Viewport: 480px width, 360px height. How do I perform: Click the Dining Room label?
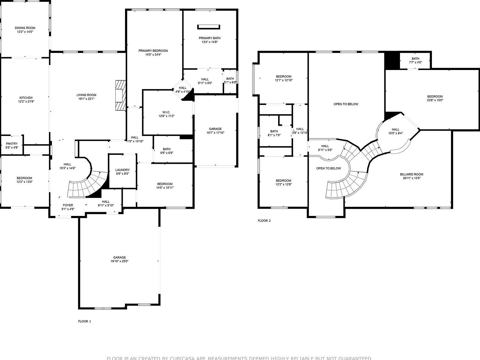click(25, 28)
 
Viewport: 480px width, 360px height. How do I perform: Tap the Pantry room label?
click(12, 144)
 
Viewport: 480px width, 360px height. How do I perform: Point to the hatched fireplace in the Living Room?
click(120, 95)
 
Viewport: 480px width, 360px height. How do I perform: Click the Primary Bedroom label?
click(153, 51)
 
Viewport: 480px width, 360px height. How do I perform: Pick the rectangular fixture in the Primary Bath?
click(209, 27)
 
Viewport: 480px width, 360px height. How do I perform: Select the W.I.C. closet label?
click(166, 112)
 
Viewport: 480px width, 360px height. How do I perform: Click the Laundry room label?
click(122, 170)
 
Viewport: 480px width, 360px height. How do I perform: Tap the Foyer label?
click(68, 205)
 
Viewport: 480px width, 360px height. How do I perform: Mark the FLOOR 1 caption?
click(84, 321)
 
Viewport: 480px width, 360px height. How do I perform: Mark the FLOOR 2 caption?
click(264, 221)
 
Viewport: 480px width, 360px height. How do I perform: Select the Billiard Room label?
click(412, 174)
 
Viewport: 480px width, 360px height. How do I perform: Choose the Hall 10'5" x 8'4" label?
click(395, 129)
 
